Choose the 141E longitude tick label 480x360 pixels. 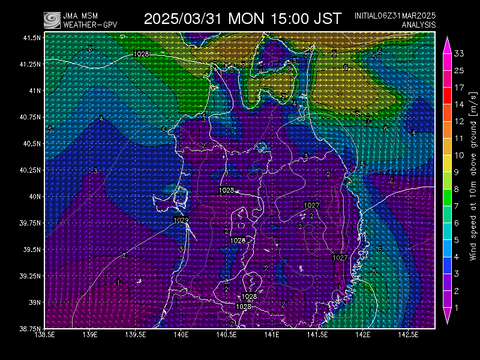tap(271, 337)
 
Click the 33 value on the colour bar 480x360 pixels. tap(456, 52)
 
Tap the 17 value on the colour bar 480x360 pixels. tap(456, 87)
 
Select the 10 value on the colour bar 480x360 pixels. tap(456, 155)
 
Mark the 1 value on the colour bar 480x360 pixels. tap(456, 310)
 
